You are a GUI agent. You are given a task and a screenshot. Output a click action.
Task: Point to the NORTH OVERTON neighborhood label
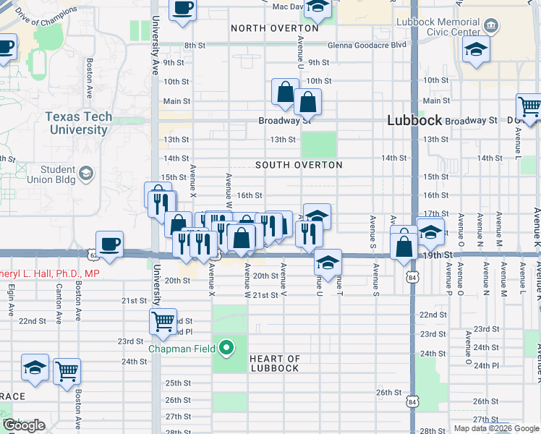[x=274, y=28]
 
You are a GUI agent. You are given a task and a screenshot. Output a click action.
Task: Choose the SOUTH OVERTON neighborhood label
[x=299, y=165]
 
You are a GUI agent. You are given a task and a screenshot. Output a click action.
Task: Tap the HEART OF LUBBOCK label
[x=274, y=363]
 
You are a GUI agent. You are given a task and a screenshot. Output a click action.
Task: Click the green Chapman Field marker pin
[x=226, y=349]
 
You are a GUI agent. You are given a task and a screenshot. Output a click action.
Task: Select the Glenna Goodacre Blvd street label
[x=367, y=45]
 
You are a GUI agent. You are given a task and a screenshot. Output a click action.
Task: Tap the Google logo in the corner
[x=23, y=425]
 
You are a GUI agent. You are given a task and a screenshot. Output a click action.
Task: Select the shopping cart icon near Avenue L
[x=529, y=106]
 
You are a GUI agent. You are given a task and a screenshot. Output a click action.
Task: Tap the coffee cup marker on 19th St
[x=109, y=244]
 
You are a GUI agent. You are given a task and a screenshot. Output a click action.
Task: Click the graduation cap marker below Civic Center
[x=477, y=49]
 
